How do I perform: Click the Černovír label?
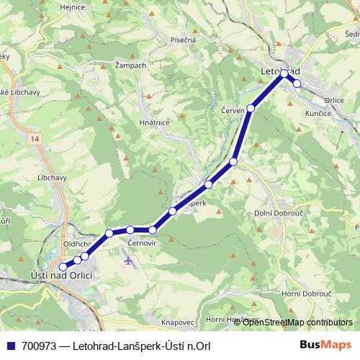click(x=142, y=244)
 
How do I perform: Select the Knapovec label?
click(x=179, y=321)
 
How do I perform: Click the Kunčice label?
click(x=318, y=114)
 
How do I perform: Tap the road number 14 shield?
click(x=35, y=137)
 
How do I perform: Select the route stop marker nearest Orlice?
click(x=297, y=84)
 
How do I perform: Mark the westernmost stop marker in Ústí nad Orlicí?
click(x=63, y=268)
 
